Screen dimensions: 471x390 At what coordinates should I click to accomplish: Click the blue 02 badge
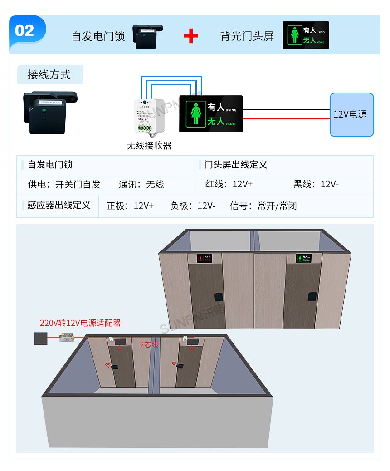25,31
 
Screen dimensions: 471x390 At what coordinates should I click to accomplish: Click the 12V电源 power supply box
351,114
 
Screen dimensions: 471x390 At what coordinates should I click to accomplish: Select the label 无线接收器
149,146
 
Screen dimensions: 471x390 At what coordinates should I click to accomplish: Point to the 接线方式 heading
49,75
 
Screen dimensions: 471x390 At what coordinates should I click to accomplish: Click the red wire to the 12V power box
286,119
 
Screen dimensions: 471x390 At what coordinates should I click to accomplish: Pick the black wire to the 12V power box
286,110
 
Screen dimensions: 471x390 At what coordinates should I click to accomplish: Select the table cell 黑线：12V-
316,184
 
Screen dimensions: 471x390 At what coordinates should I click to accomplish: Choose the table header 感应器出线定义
59,206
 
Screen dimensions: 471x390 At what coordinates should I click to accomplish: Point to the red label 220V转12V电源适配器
80,323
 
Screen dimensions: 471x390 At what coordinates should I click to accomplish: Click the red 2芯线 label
149,345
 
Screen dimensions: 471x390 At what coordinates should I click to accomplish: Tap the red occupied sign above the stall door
205,259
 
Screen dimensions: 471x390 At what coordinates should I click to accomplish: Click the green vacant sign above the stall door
303,259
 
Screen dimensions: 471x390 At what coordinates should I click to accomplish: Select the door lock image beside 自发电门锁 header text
147,36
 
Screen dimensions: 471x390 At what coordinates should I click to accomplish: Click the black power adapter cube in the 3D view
41,339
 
